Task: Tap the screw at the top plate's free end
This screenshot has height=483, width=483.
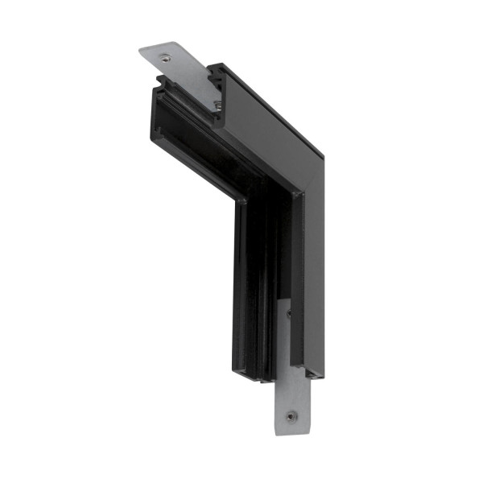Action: pos(165,57)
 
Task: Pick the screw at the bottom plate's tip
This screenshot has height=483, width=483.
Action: pos(291,416)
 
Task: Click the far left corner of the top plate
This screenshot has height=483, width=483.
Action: pos(139,52)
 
